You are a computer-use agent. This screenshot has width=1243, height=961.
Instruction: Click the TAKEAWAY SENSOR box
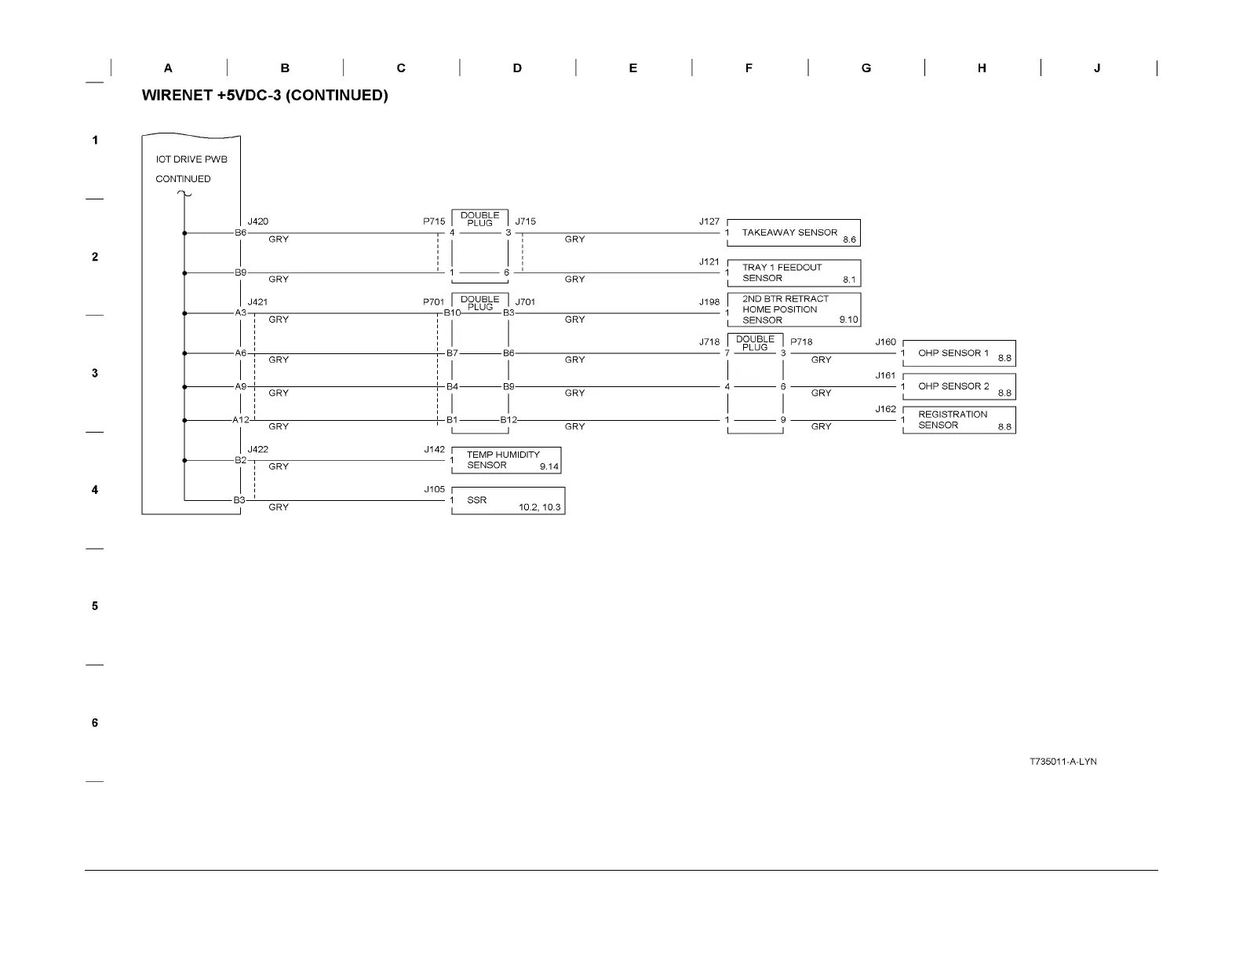click(793, 232)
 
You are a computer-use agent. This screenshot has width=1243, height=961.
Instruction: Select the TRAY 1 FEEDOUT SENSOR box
click(793, 273)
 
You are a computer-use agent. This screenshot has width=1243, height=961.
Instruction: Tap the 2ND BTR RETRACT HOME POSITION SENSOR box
click(793, 309)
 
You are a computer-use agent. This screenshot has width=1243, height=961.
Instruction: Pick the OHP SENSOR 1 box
click(959, 353)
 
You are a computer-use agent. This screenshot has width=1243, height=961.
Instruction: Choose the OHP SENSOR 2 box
click(959, 386)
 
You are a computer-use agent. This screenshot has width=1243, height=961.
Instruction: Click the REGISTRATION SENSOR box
click(959, 420)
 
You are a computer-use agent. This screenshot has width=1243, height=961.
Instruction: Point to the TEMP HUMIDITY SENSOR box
click(506, 460)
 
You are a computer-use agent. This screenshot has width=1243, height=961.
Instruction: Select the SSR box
click(508, 501)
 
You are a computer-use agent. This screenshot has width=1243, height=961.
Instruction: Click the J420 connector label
click(257, 221)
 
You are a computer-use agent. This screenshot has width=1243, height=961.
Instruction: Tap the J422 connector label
click(257, 450)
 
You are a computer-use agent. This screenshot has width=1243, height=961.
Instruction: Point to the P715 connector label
click(434, 221)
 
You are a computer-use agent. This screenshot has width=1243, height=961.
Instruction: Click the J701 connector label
click(526, 302)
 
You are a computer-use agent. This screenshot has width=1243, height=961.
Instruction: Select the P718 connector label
click(801, 342)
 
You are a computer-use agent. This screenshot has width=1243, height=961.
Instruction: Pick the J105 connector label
click(435, 489)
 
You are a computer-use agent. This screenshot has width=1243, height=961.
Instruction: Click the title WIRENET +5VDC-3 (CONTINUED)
click(264, 96)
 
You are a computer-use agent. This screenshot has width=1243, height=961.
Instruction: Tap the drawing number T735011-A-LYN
click(1063, 762)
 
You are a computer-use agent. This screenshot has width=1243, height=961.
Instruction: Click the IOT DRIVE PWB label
click(191, 159)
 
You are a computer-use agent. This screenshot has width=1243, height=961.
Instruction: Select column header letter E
click(632, 68)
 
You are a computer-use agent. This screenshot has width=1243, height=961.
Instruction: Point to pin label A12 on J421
click(240, 420)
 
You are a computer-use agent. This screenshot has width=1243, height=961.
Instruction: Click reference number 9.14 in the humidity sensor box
click(549, 467)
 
